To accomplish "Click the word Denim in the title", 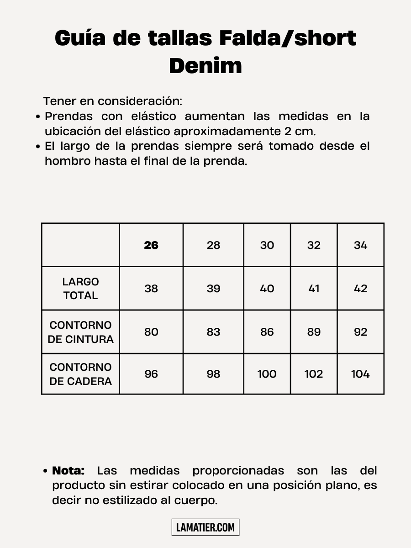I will click(x=205, y=66).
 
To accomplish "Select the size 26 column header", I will click(x=151, y=245).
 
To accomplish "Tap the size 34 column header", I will click(x=360, y=245).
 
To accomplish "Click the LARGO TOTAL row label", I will click(x=80, y=289).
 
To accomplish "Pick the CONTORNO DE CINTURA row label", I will click(x=80, y=332).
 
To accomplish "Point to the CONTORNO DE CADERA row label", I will click(x=80, y=374).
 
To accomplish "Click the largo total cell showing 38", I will click(x=151, y=289).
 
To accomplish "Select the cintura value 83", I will click(x=213, y=332).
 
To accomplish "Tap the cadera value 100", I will click(x=267, y=374).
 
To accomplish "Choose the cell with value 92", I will click(x=360, y=332).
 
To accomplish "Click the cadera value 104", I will click(x=360, y=374).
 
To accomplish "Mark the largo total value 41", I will click(x=314, y=289).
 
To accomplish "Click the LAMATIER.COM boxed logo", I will click(x=205, y=527).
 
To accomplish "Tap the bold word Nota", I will click(x=68, y=471).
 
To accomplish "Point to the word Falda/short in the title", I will click(x=287, y=38).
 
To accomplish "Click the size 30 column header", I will click(x=267, y=245).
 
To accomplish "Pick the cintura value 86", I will click(x=267, y=332).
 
